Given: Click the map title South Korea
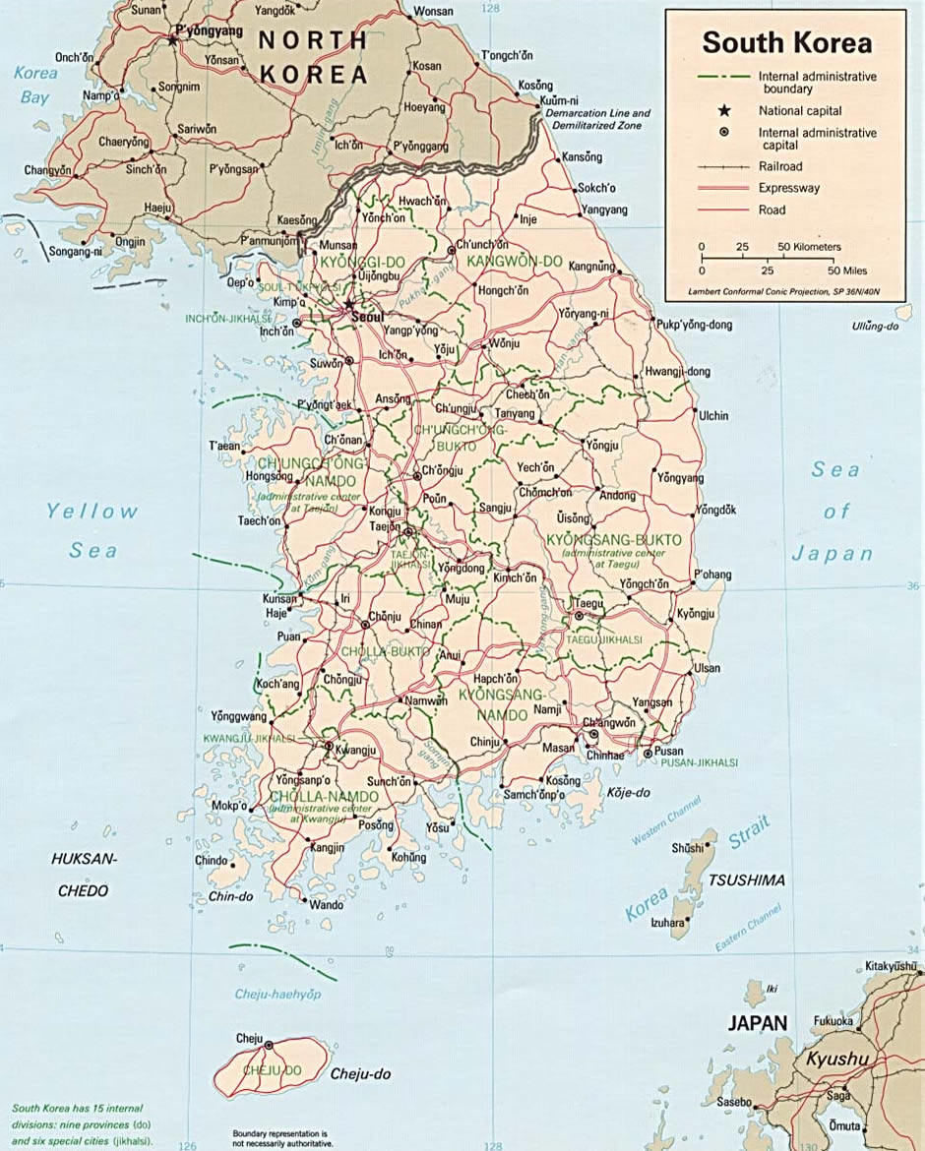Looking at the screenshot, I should (x=786, y=43).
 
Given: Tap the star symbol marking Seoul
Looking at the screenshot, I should (x=350, y=306).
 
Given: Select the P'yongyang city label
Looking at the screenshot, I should (x=208, y=30).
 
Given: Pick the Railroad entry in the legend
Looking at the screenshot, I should (x=780, y=167).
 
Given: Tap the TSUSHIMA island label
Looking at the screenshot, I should (x=747, y=879).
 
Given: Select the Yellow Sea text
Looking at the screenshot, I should (x=92, y=530).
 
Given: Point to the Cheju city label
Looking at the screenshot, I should (x=249, y=1039).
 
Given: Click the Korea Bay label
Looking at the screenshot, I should (x=35, y=85).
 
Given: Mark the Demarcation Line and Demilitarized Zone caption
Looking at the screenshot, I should (x=597, y=120).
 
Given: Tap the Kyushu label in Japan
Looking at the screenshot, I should (x=837, y=1060).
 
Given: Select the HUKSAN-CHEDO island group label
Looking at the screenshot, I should (x=84, y=875).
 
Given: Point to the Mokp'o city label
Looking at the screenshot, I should (x=229, y=806).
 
